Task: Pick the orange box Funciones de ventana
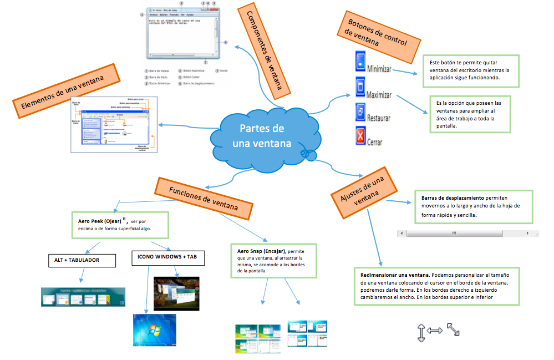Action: (x=204, y=197)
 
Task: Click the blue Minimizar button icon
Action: (x=360, y=61)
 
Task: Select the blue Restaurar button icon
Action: (x=360, y=111)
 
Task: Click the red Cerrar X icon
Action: (x=360, y=135)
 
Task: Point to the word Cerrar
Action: (x=375, y=142)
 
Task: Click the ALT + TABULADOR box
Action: (x=82, y=260)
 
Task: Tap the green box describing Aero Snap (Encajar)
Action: (x=273, y=261)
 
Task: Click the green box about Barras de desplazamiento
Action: (x=473, y=206)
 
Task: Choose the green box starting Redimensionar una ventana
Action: (x=436, y=286)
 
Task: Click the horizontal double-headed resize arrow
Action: (x=435, y=331)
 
